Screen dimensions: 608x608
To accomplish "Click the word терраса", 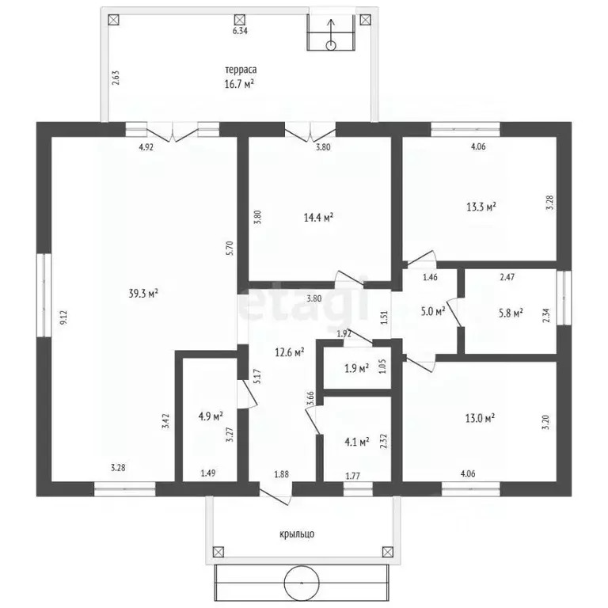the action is [241, 70].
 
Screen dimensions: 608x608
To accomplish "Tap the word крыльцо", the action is [297, 534].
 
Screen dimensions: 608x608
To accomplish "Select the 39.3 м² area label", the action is [143, 294].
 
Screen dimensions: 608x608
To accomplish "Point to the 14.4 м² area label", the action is [318, 218].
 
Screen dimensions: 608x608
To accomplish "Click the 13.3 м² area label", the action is [481, 207].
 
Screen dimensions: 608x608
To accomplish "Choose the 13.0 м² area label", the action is [480, 418].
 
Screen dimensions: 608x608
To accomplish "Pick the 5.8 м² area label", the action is [511, 313].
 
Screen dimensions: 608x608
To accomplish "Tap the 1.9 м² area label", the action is [356, 368].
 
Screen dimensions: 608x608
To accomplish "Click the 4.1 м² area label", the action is [357, 441].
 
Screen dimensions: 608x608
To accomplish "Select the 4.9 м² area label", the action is [211, 416].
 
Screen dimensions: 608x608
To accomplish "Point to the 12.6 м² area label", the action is [289, 352].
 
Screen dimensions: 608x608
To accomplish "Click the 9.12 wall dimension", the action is [63, 318].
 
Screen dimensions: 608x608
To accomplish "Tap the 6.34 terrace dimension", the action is [240, 31].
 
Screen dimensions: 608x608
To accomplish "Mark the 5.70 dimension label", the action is [229, 248].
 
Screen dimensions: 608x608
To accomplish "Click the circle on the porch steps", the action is [302, 583].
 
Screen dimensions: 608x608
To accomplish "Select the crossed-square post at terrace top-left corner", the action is [113, 20].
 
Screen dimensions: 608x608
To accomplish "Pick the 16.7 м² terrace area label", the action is [239, 84].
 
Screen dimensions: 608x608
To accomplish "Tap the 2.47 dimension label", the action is [507, 277].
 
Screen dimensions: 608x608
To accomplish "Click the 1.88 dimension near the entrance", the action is [282, 474].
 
